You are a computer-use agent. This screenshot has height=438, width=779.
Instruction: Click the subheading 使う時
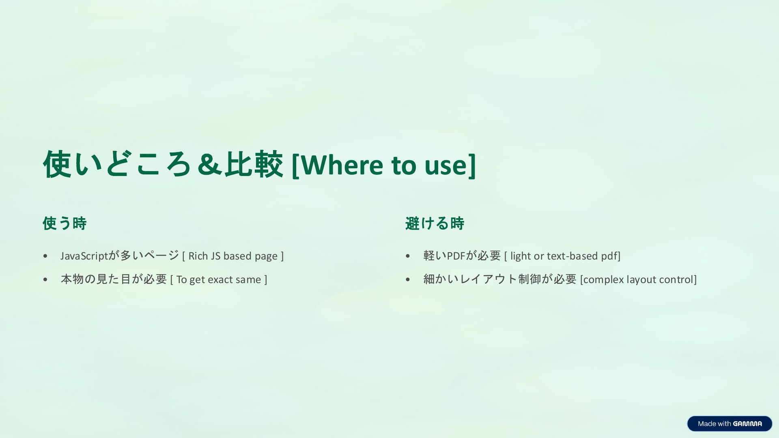click(65, 223)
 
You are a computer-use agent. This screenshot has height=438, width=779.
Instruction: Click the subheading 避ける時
click(435, 223)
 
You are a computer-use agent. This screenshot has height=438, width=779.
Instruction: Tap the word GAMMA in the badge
click(747, 424)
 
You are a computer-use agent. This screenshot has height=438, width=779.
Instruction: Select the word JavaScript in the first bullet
click(84, 256)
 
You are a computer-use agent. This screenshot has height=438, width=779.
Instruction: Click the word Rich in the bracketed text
click(198, 256)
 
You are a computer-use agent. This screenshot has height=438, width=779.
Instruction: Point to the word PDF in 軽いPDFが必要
click(456, 256)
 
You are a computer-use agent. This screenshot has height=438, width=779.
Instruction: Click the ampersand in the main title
click(210, 165)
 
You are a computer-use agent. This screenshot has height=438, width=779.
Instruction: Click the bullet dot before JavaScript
click(45, 256)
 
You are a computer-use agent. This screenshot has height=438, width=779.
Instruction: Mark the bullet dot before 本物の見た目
click(45, 280)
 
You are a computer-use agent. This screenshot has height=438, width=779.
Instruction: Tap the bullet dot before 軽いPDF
click(408, 256)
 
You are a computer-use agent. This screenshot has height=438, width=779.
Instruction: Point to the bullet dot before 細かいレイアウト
click(408, 280)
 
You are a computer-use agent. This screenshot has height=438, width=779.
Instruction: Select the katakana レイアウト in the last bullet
click(488, 279)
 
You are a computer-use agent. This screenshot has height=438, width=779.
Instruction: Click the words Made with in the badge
click(714, 424)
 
